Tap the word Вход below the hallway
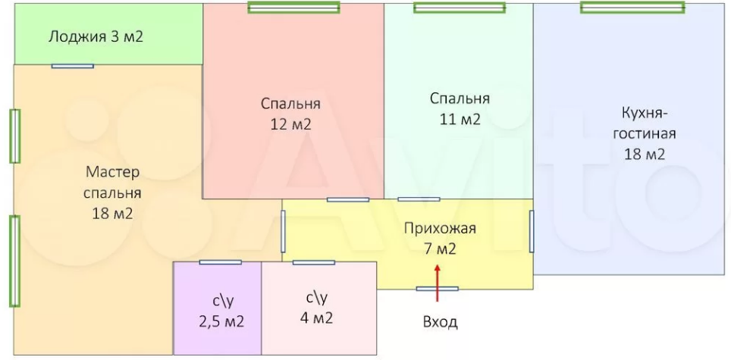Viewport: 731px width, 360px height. click(440, 322)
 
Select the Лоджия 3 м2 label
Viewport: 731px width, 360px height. click(96, 36)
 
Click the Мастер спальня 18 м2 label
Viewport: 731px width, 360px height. click(112, 193)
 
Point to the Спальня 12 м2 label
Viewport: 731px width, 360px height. click(290, 114)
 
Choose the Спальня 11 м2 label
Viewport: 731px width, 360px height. click(460, 108)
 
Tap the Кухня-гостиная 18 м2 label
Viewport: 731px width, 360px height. click(643, 133)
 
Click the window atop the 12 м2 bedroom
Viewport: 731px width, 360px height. click(293, 8)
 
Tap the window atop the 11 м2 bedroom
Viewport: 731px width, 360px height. click(459, 8)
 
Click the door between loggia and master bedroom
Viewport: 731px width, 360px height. click(73, 66)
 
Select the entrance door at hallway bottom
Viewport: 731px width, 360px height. click(438, 289)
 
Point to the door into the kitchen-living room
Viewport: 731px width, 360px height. click(532, 231)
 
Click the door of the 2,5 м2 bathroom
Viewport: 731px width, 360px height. click(221, 262)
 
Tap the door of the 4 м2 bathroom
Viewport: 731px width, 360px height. click(314, 262)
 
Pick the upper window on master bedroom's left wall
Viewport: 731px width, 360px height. click(14, 136)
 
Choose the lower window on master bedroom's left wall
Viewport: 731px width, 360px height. click(14, 261)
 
